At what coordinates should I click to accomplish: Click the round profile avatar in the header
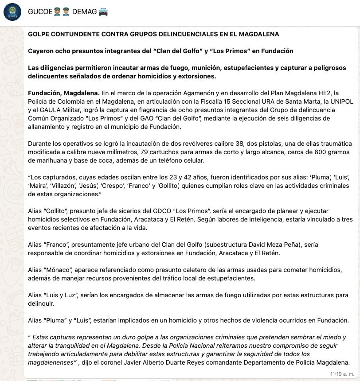[12, 12]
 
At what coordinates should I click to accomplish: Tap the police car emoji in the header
[103, 12]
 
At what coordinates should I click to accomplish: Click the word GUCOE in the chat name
[40, 12]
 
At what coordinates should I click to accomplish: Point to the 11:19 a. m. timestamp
[342, 374]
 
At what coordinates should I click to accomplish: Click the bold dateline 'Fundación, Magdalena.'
[64, 93]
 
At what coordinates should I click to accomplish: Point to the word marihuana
[45, 160]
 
